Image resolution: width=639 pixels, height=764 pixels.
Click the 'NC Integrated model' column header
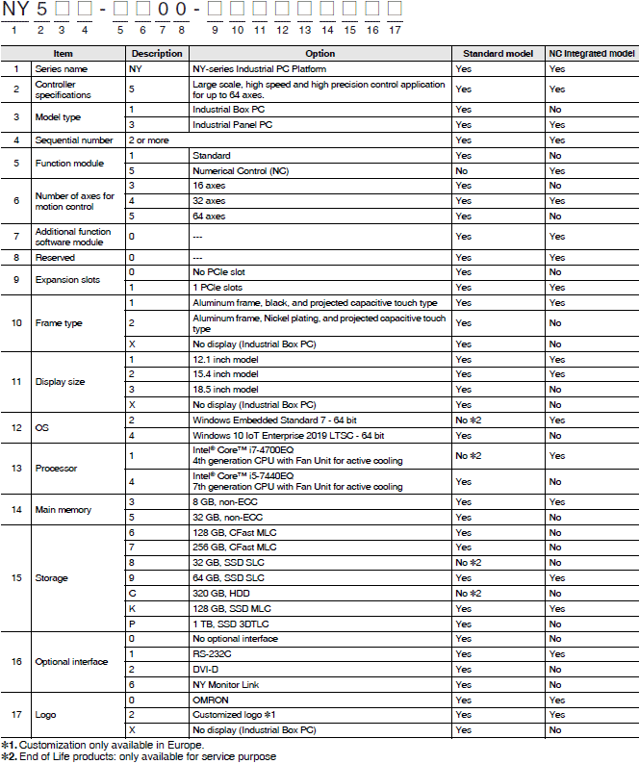point(591,54)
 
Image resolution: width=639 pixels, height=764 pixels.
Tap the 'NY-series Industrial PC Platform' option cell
point(259,70)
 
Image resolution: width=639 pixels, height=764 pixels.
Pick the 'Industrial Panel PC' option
point(231,125)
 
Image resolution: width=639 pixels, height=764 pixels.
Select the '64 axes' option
point(209,216)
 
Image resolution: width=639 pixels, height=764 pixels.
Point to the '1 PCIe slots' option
point(217,287)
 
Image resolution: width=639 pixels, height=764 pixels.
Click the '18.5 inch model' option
point(225,389)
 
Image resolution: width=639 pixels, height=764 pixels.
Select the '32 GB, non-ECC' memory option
point(227,517)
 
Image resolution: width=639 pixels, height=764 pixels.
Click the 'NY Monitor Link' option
point(227,683)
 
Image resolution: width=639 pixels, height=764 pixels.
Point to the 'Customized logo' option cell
point(235,714)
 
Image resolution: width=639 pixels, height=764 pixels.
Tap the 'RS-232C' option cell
point(213,653)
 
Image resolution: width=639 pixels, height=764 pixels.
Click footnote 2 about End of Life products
point(139,756)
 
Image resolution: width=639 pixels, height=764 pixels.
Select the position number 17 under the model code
point(395,31)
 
